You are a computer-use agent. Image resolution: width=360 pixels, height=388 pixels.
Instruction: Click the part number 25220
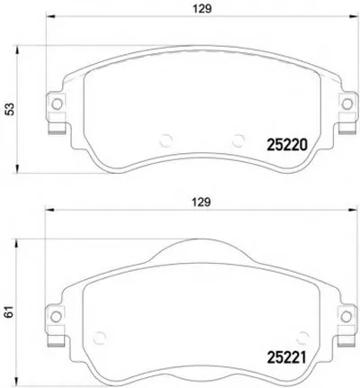tap(287, 146)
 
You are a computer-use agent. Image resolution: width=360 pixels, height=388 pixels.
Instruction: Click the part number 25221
tap(286, 357)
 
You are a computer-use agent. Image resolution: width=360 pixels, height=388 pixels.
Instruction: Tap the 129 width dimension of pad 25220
tap(202, 9)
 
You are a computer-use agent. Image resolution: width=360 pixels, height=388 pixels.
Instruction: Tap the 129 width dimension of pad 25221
tap(202, 203)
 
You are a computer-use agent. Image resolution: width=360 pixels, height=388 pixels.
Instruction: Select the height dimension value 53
tap(10, 109)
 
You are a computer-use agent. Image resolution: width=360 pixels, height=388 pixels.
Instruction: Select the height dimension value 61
tap(10, 312)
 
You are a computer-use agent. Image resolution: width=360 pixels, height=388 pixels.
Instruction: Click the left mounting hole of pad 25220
tap(57, 104)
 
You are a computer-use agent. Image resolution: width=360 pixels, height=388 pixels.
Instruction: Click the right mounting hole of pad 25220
tap(347, 104)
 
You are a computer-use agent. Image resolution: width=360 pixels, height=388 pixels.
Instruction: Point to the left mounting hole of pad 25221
tap(56, 316)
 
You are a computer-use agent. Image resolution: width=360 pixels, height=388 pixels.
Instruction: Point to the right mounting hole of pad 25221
tap(346, 316)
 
